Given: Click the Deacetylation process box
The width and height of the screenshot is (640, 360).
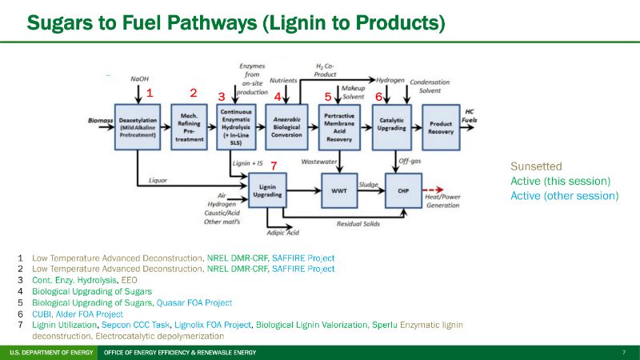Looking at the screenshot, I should click(x=138, y=126).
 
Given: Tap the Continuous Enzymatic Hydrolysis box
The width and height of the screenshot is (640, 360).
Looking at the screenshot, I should click(x=237, y=126).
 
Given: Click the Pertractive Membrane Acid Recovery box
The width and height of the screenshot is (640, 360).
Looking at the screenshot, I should click(x=340, y=126).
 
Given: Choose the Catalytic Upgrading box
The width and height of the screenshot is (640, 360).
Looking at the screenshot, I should click(x=391, y=126).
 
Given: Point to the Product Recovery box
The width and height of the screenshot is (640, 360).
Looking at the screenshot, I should click(x=441, y=126).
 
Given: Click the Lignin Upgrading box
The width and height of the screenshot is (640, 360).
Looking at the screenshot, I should click(x=266, y=191).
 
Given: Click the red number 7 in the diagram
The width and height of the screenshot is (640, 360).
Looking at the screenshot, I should click(x=274, y=166).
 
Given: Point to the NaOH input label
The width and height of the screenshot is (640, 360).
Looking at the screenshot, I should click(x=140, y=78).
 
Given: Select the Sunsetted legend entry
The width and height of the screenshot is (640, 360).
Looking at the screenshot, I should click(x=536, y=166).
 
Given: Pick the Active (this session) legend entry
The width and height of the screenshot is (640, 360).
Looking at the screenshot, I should click(x=560, y=181).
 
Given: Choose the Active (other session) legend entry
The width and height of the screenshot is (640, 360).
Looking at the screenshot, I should click(x=564, y=195).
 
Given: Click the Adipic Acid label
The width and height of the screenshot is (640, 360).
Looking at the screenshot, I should click(x=283, y=233).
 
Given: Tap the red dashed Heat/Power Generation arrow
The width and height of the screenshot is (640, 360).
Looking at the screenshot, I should click(x=436, y=191).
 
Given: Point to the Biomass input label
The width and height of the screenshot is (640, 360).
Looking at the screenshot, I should click(x=100, y=120).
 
